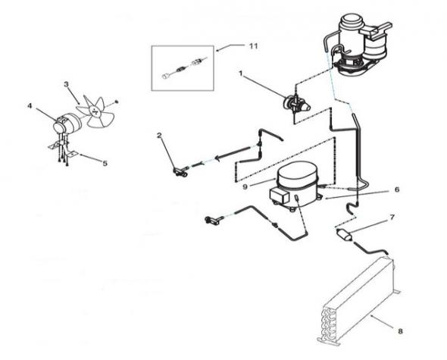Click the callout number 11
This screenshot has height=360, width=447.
click(x=254, y=46)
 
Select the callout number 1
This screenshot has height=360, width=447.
click(x=241, y=74)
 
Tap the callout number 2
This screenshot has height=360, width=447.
click(x=159, y=135)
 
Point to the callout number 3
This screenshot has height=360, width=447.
click(x=66, y=84)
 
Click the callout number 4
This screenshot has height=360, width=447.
click(x=30, y=106)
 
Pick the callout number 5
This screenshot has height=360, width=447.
click(x=105, y=163)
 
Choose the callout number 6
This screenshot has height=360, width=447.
click(x=397, y=189)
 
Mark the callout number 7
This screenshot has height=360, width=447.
click(x=392, y=218)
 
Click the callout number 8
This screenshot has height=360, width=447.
click(x=400, y=331)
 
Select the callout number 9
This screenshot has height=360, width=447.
click(x=245, y=187)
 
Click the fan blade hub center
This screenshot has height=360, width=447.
click(x=95, y=111)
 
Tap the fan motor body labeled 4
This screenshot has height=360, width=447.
click(x=67, y=124)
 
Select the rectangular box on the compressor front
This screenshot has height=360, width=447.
click(x=280, y=196)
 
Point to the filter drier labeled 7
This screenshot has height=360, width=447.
click(x=343, y=233)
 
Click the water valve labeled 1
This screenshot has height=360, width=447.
click(x=296, y=104)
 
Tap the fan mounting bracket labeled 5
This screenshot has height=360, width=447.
click(x=64, y=151)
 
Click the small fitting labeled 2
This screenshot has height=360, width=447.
click(x=180, y=171)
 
